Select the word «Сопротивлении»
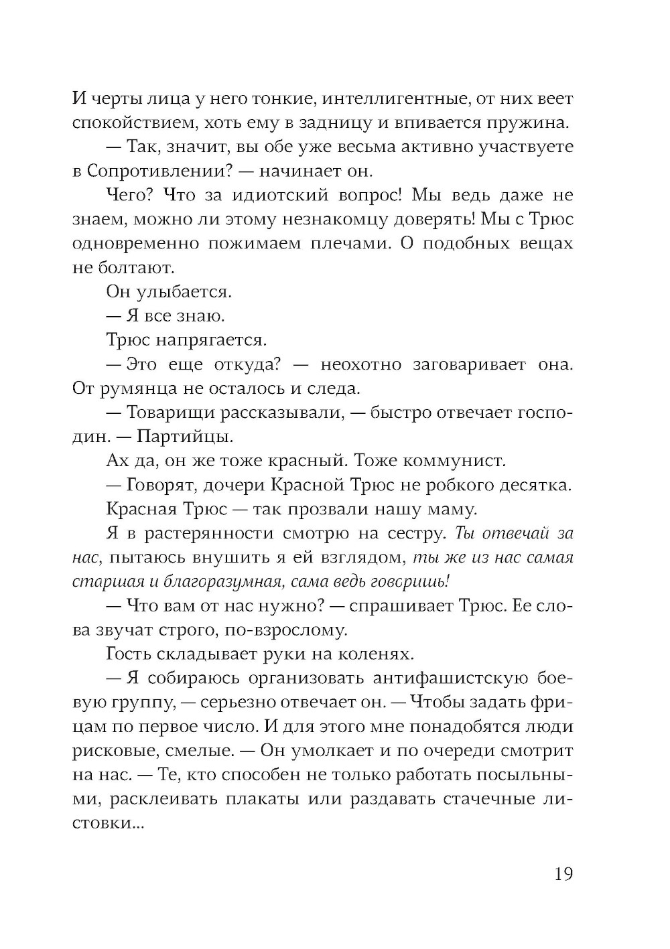click(x=155, y=171)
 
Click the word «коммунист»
click(x=452, y=461)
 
